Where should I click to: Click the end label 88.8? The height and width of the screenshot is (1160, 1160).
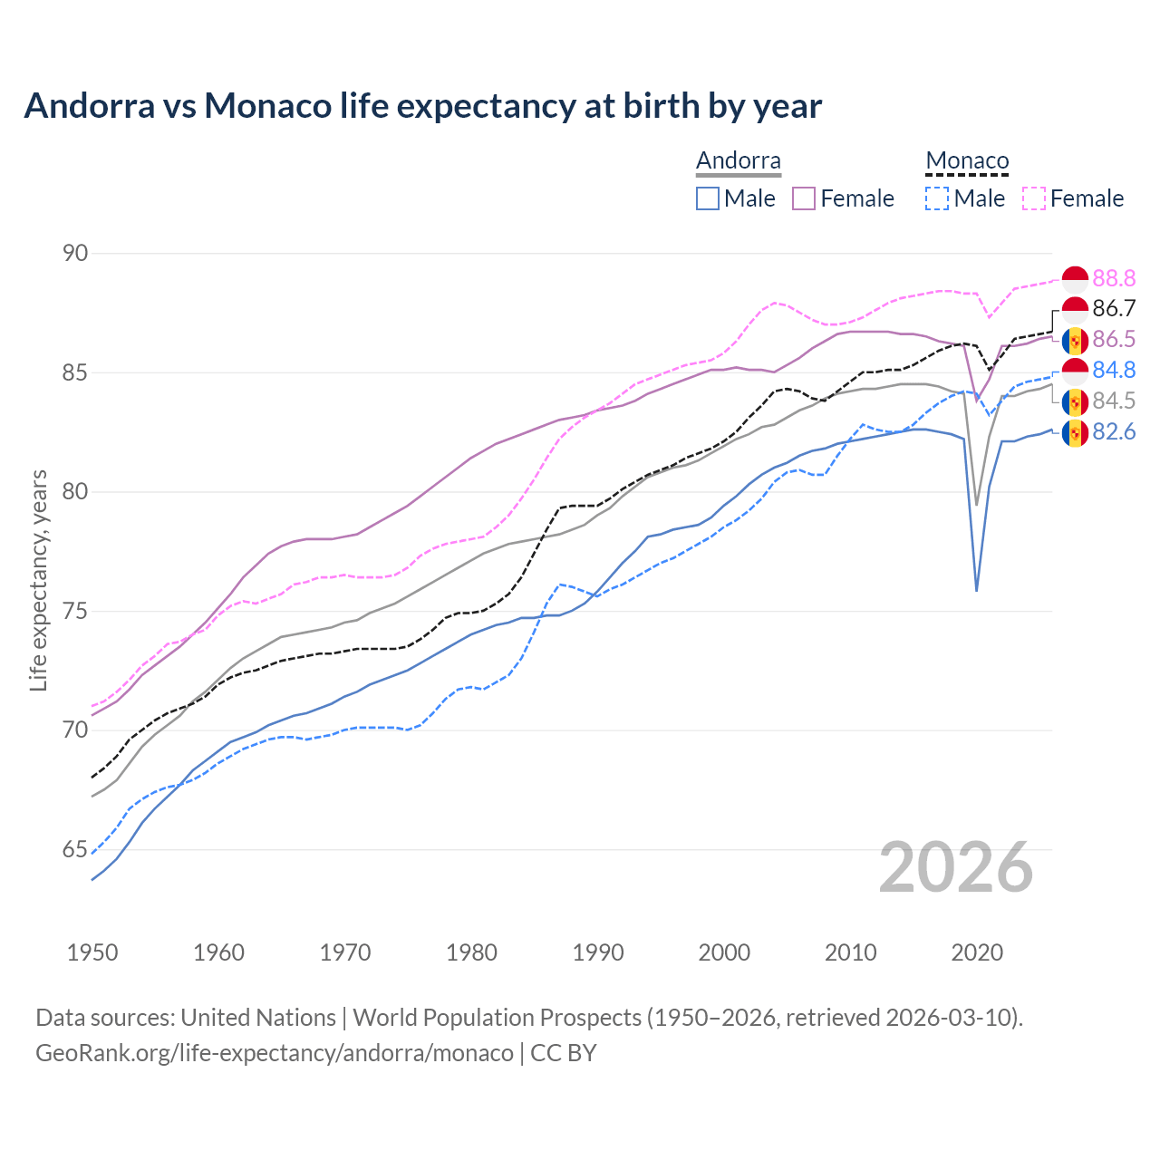1114,278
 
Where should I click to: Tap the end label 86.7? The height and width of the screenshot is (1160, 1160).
1114,309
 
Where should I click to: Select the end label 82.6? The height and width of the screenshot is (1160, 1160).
1114,432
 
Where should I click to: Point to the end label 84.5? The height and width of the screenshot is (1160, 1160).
1114,401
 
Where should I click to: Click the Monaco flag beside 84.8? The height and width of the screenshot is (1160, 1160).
1075,371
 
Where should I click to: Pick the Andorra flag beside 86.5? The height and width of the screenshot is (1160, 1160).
1075,340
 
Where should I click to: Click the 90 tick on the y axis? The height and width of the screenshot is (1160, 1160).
75,254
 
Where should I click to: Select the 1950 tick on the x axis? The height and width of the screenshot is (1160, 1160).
92,952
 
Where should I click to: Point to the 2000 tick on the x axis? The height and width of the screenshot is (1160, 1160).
724,952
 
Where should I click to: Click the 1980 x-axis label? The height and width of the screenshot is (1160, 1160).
471,952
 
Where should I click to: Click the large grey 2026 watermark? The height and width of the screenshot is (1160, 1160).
955,867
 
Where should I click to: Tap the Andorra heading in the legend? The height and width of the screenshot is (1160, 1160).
738,161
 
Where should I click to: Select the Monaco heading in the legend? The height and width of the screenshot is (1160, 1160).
967,161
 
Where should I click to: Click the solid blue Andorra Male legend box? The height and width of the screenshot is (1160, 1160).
708,198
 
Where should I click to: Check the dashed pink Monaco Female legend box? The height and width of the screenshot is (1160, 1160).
1034,198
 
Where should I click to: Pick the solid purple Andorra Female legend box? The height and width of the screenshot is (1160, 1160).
804,198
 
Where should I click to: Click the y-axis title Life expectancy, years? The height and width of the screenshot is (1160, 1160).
38,581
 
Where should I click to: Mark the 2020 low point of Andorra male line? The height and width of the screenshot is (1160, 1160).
976,591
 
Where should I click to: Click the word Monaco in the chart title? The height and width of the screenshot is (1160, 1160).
267,106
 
